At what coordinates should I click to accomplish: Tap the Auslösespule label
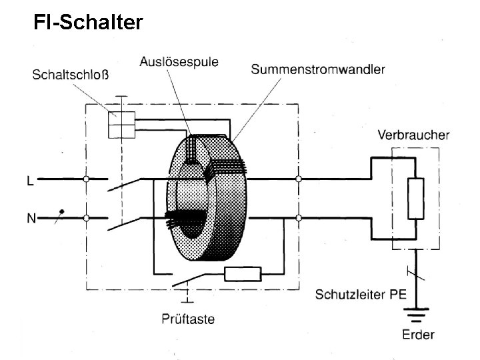point(179,63)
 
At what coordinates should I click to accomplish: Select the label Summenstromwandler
point(317,69)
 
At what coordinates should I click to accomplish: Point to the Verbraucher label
point(413,135)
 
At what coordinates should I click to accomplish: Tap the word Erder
point(419,334)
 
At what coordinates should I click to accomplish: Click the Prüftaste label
point(188,319)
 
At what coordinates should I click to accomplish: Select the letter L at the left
point(30,180)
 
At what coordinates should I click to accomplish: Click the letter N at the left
point(31,218)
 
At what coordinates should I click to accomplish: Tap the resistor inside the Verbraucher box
point(415,199)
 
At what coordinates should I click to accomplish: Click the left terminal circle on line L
point(87,179)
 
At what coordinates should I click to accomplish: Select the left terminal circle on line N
point(87,217)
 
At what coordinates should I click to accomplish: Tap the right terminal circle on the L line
point(298,179)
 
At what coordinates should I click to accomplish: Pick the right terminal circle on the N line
point(298,217)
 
